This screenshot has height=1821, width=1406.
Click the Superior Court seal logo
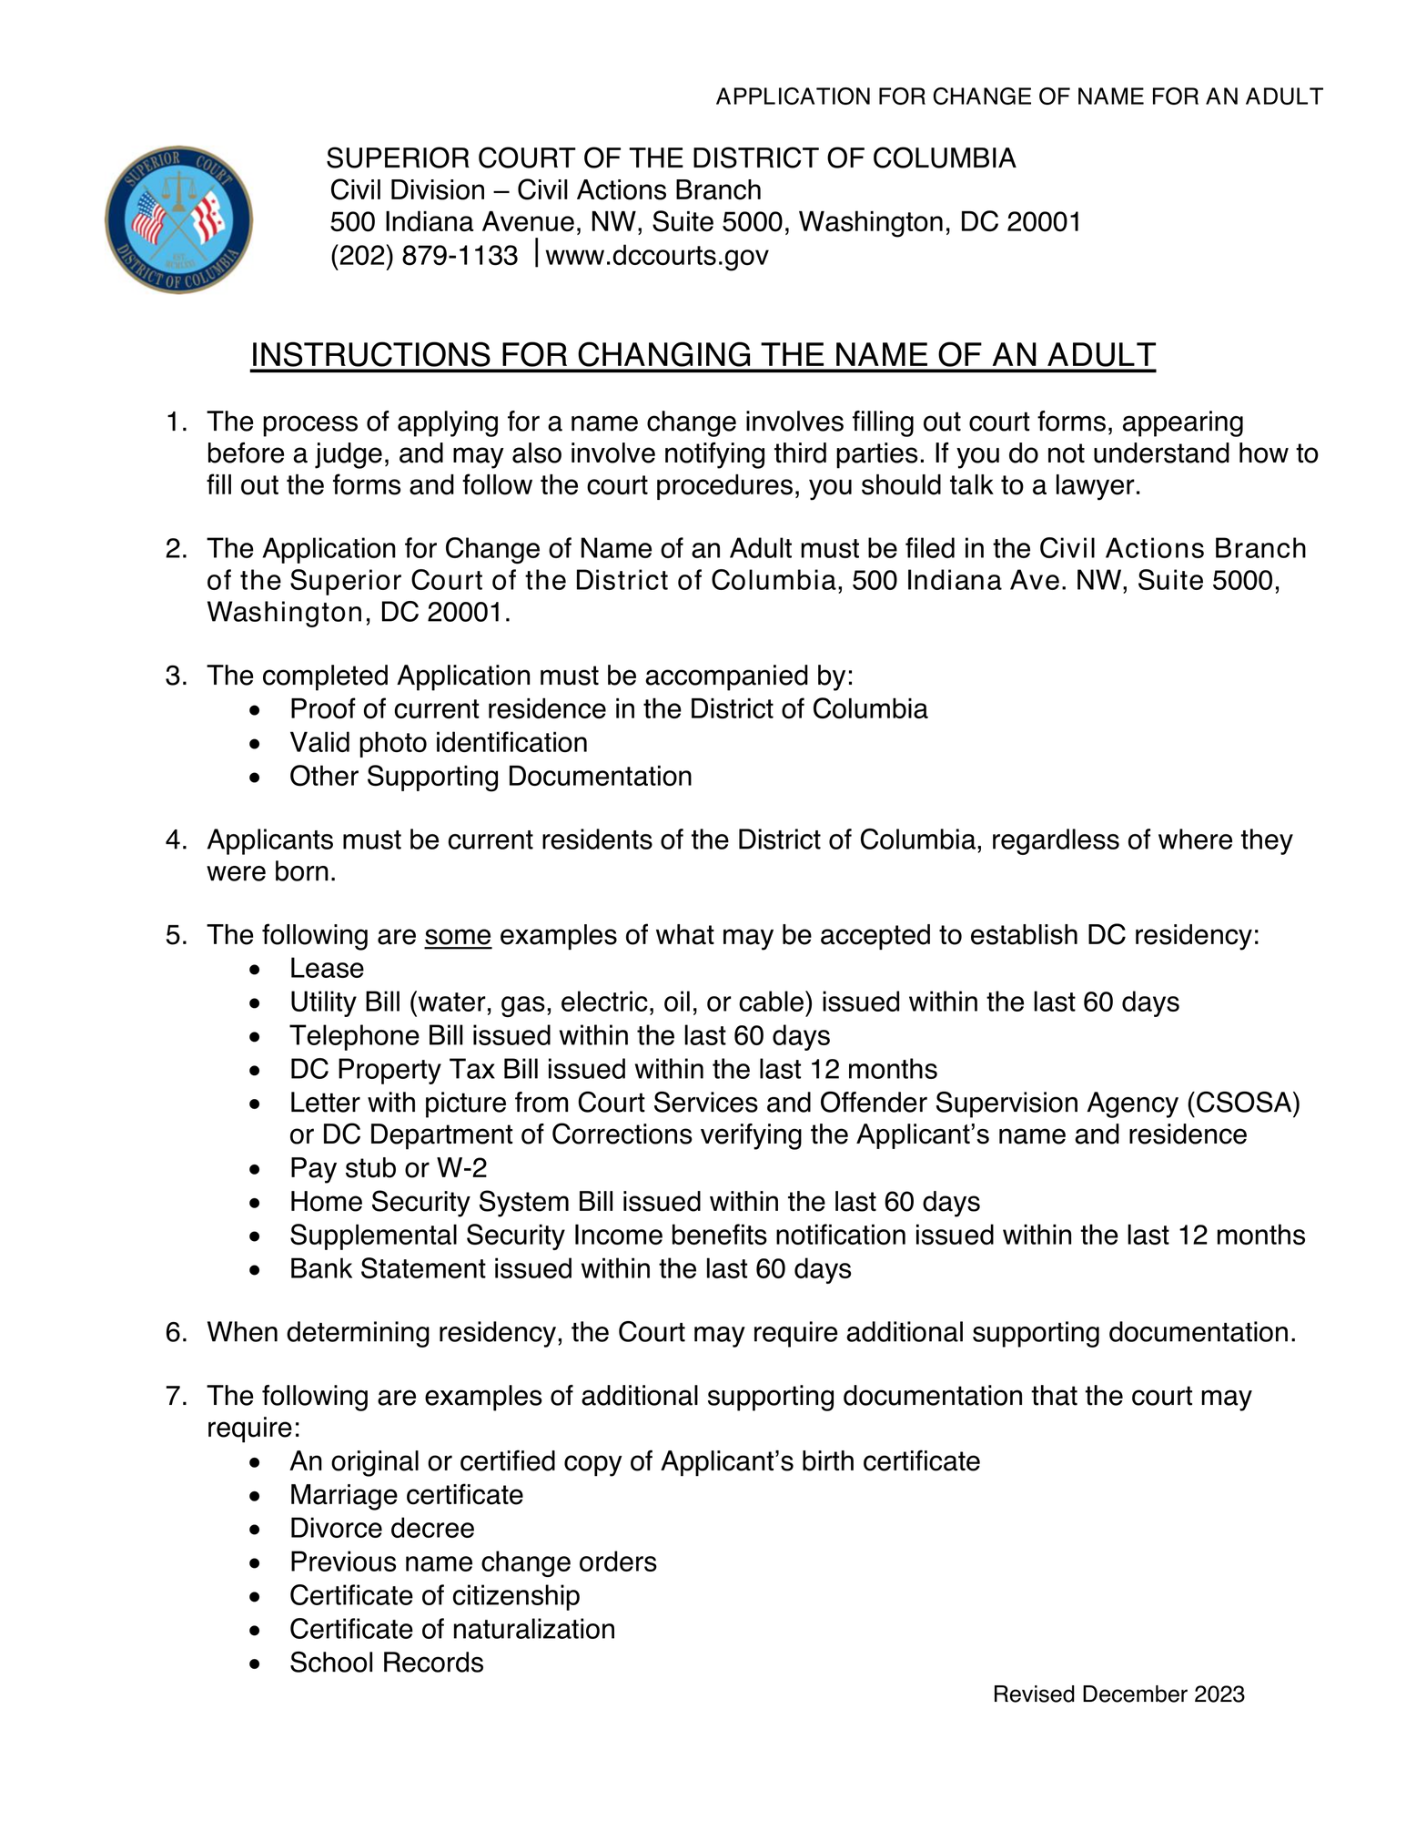pos(178,219)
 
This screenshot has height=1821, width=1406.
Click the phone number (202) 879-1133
pos(423,256)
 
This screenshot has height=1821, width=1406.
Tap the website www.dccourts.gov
pos(656,256)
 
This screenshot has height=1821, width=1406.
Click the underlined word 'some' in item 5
pos(458,935)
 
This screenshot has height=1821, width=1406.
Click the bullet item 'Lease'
pos(327,969)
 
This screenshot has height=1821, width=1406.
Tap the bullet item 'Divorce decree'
pos(381,1529)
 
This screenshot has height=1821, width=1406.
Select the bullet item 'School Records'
pos(386,1663)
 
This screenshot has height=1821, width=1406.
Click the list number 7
pos(175,1396)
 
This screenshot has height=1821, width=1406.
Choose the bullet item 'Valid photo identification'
pos(438,743)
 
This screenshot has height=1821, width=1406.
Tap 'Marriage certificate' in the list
pos(406,1495)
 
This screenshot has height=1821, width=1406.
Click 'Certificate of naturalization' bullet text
pos(451,1630)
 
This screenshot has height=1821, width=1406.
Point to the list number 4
pos(175,839)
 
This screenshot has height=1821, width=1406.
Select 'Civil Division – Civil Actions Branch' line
pos(545,190)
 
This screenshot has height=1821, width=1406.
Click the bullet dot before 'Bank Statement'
pos(258,1270)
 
